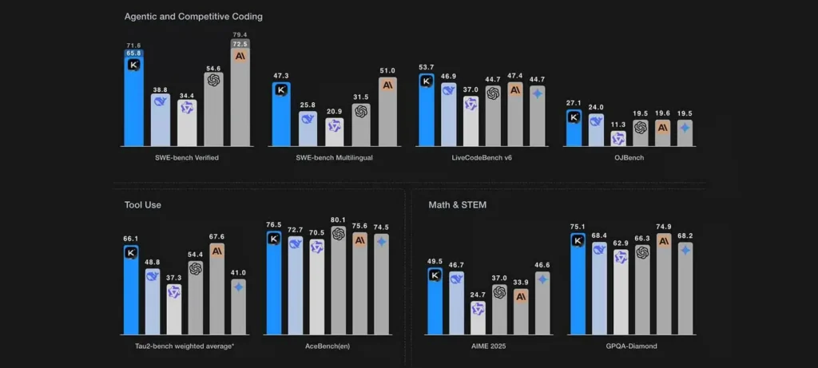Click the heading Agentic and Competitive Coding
point(193,16)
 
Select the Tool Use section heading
point(142,205)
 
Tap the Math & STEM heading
point(458,205)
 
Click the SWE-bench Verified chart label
point(187,157)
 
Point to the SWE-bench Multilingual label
point(334,157)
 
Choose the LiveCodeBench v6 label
point(482,157)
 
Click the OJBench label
point(628,157)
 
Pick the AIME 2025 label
point(489,346)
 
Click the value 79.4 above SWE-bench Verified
point(239,34)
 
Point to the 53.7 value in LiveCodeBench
point(427,67)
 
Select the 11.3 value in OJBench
point(617,125)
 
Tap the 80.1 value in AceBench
point(338,220)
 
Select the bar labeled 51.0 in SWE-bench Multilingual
point(387,112)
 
